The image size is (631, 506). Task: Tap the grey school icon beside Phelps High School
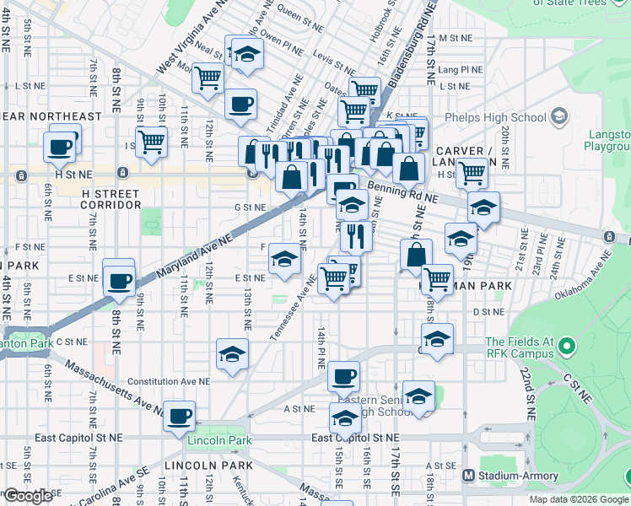pos(558,116)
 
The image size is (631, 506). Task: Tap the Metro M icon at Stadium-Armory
pos(469,476)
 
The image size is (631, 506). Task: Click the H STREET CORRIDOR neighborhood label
pos(111,199)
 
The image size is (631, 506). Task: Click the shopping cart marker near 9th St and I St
pos(152,141)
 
